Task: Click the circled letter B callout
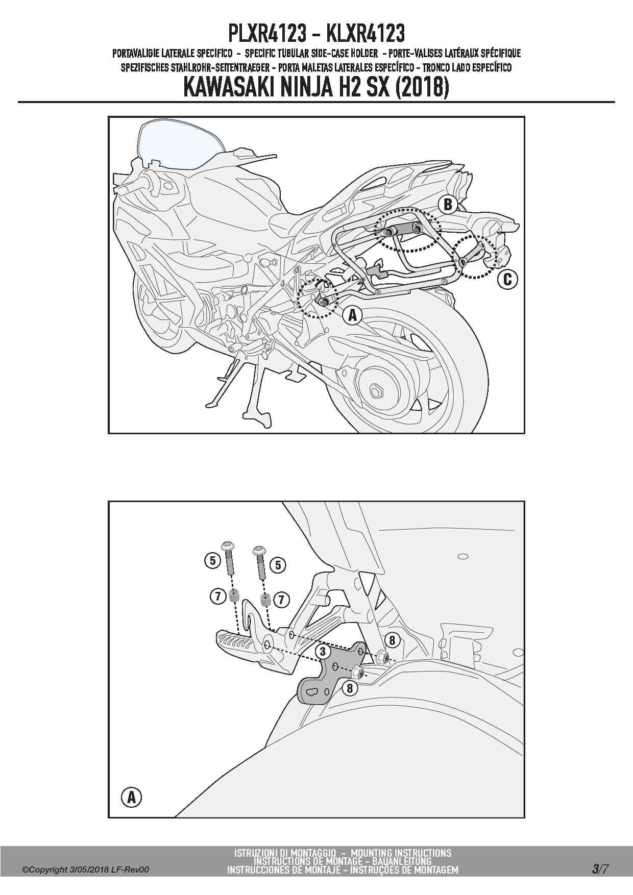click(x=448, y=205)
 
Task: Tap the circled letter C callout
click(x=507, y=279)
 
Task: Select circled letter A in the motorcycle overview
click(x=352, y=315)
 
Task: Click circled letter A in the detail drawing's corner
click(x=132, y=797)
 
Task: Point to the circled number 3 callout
click(x=323, y=651)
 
